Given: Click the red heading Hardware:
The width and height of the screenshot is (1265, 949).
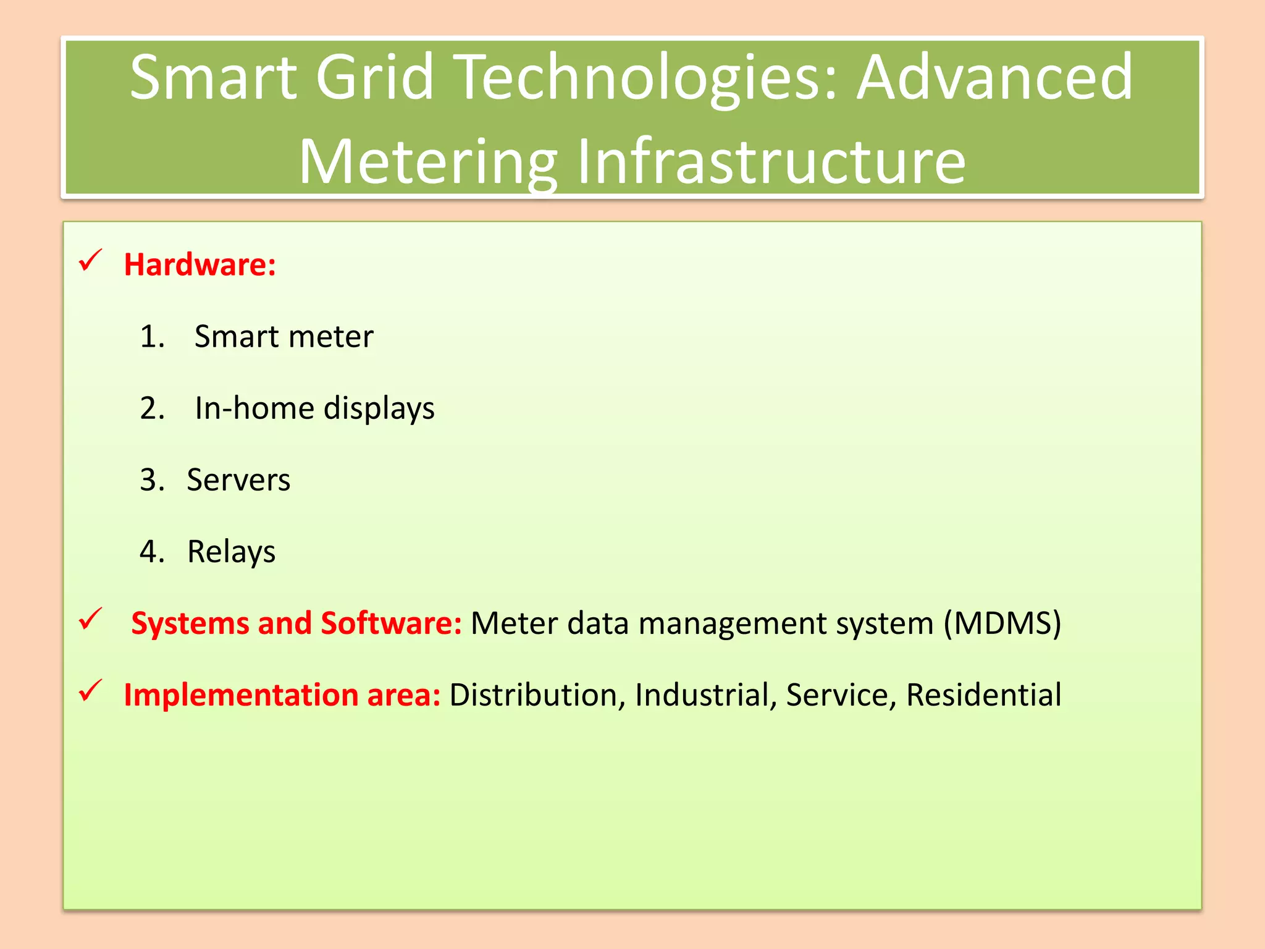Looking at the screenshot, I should (x=200, y=265).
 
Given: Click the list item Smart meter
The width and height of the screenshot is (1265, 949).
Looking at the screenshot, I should (x=284, y=337).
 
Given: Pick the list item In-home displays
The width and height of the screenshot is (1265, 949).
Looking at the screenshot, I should (x=314, y=409).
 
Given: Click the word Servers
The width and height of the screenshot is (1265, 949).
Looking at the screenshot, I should (x=238, y=481).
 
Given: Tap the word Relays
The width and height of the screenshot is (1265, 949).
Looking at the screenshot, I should (x=231, y=552).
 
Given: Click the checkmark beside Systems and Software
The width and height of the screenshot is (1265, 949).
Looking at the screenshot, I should (x=90, y=618).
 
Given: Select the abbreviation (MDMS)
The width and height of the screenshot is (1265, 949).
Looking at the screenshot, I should (x=1002, y=623).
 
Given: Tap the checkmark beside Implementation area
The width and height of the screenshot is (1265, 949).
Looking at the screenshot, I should (x=90, y=690).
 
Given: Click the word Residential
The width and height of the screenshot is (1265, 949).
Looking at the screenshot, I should (x=983, y=695).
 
